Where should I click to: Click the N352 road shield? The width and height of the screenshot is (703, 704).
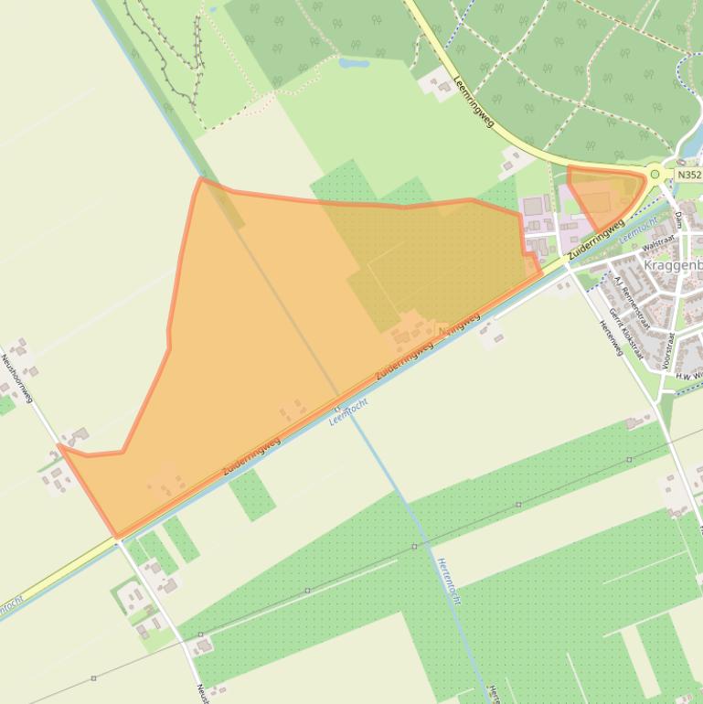coord(689,175)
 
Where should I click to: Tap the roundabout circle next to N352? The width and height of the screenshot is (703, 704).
coord(655,174)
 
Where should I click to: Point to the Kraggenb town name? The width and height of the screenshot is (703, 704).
coord(673,265)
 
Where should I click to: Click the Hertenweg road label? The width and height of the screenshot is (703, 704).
coord(611,337)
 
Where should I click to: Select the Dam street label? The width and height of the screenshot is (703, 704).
coord(679,220)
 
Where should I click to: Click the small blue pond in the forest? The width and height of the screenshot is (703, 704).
coord(353,64)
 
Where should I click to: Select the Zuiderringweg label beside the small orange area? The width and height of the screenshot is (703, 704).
coord(595,239)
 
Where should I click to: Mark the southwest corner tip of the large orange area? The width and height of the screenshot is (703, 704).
coord(116,536)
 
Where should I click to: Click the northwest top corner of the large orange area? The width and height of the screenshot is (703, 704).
coord(202,178)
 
